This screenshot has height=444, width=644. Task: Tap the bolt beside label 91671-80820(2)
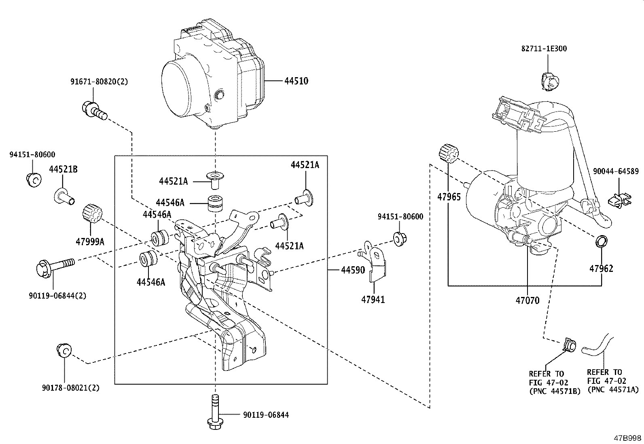(x=95, y=111)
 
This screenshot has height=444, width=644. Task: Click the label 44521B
(x=64, y=169)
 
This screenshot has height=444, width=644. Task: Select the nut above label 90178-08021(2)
(x=64, y=349)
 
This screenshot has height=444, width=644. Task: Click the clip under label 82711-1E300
(x=549, y=80)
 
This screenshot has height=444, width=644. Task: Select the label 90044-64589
(x=616, y=171)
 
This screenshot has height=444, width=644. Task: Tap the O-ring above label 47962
(x=601, y=241)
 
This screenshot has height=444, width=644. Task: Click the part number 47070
(x=527, y=301)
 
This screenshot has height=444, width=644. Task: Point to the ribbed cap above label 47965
(x=449, y=154)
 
